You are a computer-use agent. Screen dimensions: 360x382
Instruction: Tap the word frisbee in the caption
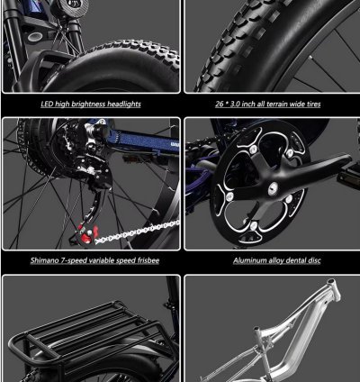click(x=148, y=260)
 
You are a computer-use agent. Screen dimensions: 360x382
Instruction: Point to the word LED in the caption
click(x=47, y=105)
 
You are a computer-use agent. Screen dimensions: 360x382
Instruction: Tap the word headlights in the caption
click(x=124, y=105)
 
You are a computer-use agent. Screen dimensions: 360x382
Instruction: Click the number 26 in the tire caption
click(x=220, y=105)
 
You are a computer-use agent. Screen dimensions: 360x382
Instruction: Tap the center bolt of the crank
click(x=273, y=189)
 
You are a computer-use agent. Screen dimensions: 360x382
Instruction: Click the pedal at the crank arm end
click(x=348, y=176)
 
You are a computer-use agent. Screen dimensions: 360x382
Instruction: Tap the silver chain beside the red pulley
click(x=137, y=232)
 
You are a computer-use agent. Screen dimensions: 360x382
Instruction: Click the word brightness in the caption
click(x=88, y=105)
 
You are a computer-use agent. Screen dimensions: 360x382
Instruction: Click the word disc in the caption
click(x=313, y=260)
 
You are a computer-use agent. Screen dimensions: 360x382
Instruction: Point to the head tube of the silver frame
click(x=334, y=289)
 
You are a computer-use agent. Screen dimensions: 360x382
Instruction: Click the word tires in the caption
click(x=313, y=105)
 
